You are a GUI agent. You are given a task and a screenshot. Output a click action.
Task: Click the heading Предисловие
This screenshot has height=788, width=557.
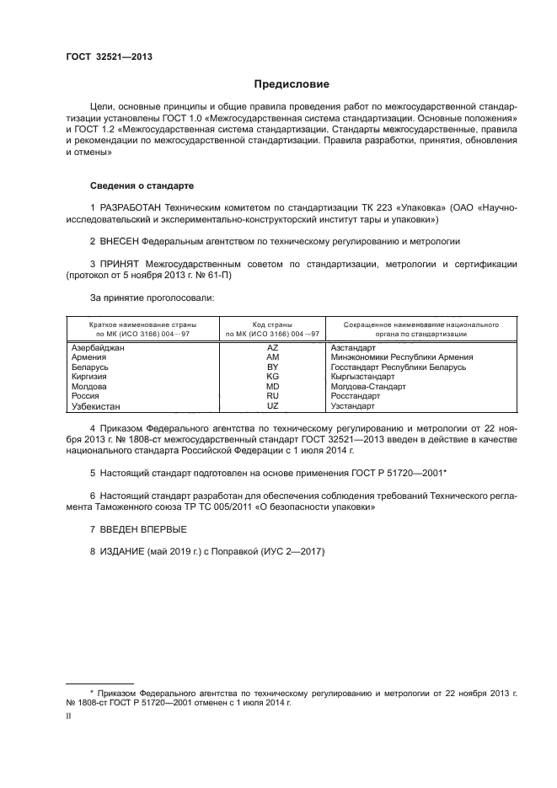[292, 84]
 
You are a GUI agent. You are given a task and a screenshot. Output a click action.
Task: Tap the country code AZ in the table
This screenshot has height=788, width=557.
[272, 347]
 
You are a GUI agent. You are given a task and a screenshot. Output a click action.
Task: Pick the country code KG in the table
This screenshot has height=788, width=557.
[272, 377]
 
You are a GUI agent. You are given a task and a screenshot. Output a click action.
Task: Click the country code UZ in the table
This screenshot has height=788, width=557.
[272, 405]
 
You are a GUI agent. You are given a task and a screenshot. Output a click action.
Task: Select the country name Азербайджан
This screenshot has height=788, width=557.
[99, 347]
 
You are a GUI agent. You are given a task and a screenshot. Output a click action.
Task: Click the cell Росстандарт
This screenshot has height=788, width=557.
[356, 396]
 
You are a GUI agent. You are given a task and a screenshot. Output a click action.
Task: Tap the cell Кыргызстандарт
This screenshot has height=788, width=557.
[362, 377]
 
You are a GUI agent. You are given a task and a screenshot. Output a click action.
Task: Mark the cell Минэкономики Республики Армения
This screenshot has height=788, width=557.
[401, 357]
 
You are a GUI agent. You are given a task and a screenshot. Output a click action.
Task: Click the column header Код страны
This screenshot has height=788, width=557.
[272, 324]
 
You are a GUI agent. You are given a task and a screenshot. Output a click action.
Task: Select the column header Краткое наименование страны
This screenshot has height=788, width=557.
[143, 324]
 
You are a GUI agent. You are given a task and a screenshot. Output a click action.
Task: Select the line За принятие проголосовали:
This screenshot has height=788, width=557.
[141, 298]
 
